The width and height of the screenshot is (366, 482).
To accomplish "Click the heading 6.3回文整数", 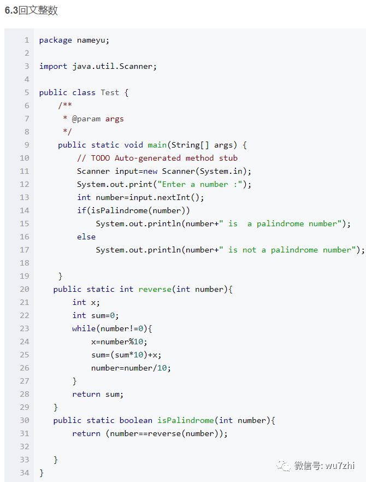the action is [31, 10].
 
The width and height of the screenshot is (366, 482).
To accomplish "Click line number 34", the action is [24, 473].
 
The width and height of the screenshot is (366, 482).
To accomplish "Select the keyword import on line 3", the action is [53, 66].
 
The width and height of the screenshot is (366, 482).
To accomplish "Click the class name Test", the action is [110, 92].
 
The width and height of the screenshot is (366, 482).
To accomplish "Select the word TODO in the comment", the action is [101, 158].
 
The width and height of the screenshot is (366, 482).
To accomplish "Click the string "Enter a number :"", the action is [199, 184].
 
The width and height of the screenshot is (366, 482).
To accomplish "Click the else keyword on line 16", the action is [86, 237].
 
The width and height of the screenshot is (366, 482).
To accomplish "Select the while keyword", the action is [84, 328].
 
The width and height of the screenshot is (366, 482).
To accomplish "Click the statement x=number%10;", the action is [119, 342].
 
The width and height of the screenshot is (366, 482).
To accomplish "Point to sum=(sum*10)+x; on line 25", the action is [126, 355].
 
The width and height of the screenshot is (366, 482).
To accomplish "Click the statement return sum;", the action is [98, 394].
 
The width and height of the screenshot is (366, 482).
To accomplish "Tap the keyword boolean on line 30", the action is [136, 420].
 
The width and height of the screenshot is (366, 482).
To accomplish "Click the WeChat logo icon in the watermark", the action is [284, 465].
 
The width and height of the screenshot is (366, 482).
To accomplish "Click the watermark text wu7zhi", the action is [339, 466].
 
